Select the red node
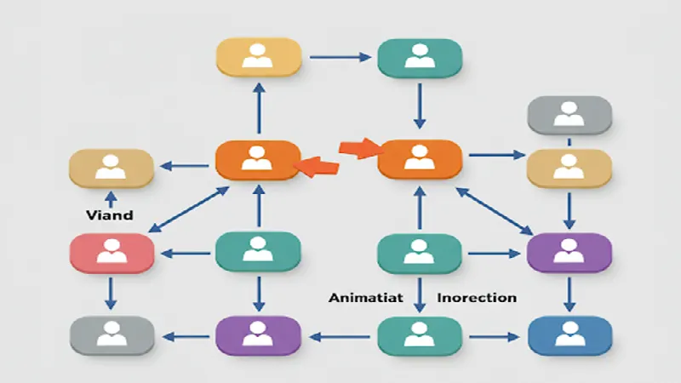click(x=111, y=254)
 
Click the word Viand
click(x=110, y=215)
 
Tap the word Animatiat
click(x=364, y=298)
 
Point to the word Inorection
click(x=476, y=298)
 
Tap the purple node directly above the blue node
click(x=569, y=253)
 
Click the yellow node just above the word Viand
click(x=111, y=168)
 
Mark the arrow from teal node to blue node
click(x=494, y=335)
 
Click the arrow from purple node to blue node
click(x=569, y=294)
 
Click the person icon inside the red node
click(x=111, y=251)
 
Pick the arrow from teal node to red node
click(x=185, y=253)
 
